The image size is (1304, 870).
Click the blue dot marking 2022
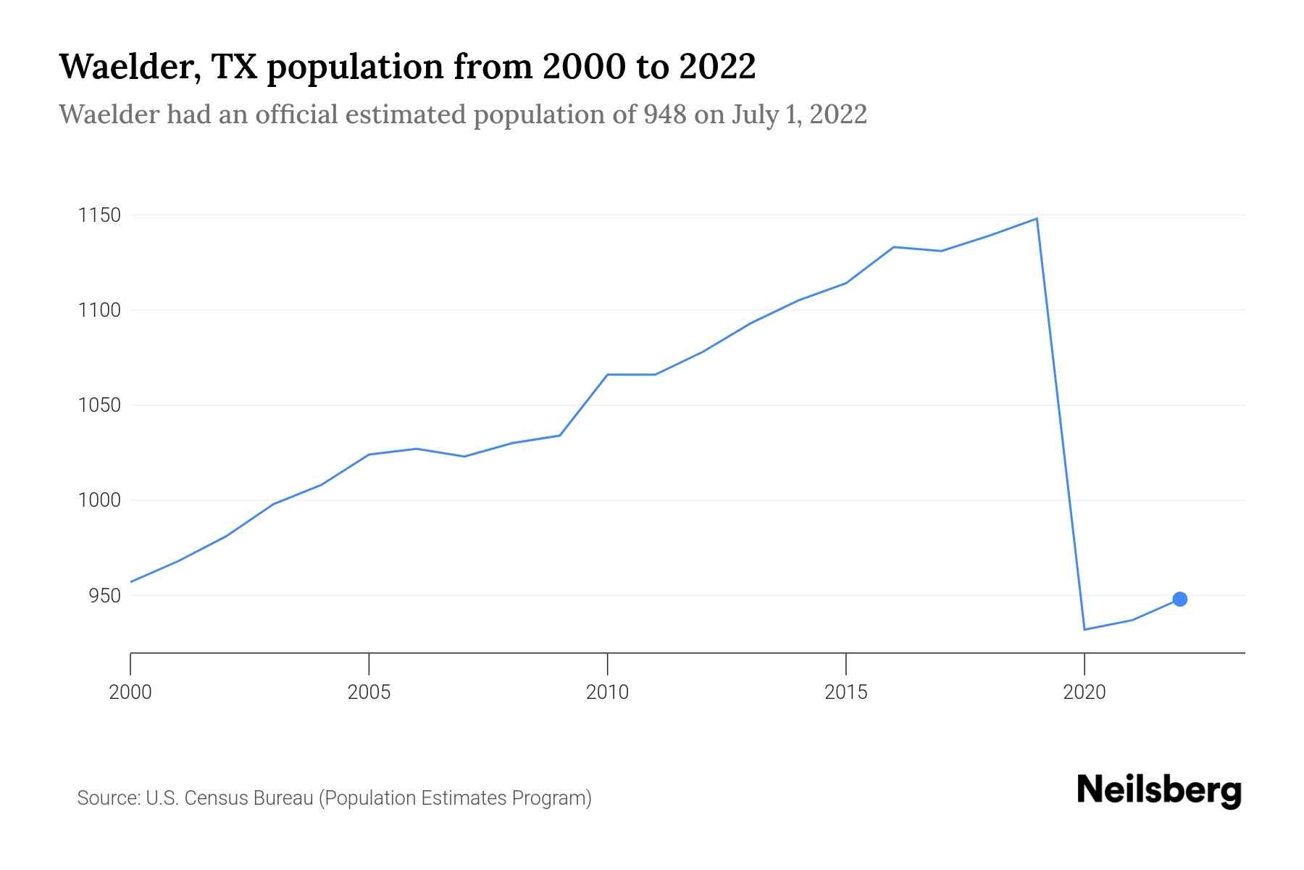[1179, 599]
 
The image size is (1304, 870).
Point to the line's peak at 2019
[1037, 218]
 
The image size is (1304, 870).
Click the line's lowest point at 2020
[1084, 629]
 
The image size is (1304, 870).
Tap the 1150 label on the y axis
[99, 215]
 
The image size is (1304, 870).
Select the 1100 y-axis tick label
[99, 310]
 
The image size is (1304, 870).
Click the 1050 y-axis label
[99, 405]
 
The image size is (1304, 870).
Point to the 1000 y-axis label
[99, 500]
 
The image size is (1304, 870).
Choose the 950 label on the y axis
[104, 595]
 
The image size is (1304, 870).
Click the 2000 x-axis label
[130, 692]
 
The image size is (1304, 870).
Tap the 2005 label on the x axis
[369, 692]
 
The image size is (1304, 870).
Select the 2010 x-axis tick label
[607, 692]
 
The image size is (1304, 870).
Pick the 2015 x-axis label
[845, 692]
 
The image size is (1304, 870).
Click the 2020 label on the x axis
[1084, 692]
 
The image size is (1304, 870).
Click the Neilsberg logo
[1159, 790]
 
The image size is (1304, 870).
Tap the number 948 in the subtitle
[664, 115]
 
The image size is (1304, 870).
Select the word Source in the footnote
[108, 798]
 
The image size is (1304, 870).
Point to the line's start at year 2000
[131, 581]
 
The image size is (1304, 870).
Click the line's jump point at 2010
[607, 374]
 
